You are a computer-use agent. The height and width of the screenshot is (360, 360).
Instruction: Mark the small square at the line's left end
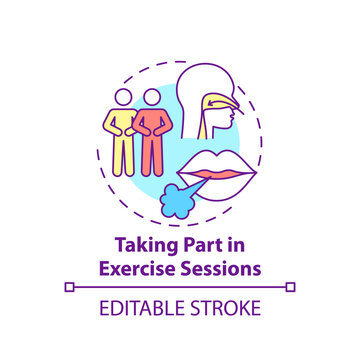[x=69, y=286]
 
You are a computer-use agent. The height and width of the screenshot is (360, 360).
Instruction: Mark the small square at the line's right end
[x=291, y=286]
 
